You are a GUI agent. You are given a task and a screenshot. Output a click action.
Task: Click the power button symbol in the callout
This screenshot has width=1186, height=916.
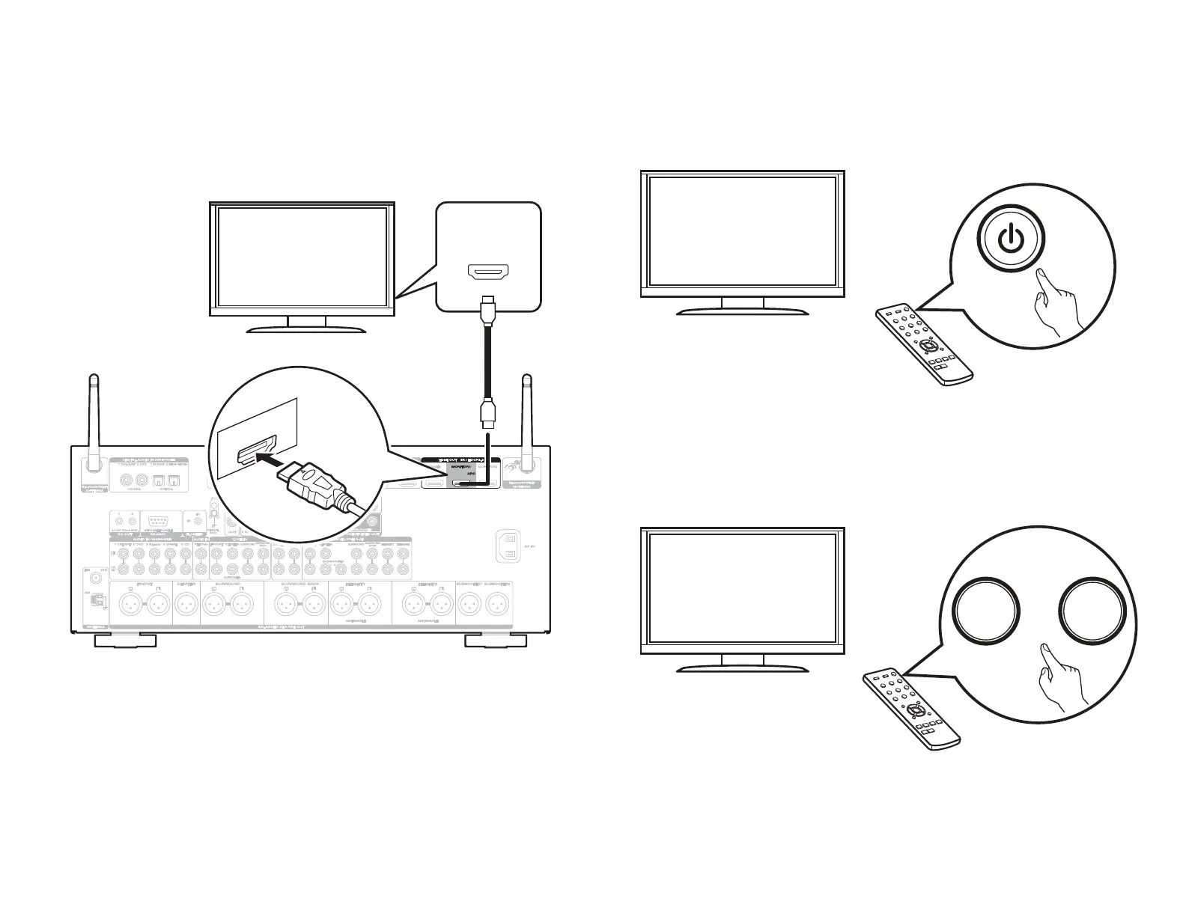point(1010,239)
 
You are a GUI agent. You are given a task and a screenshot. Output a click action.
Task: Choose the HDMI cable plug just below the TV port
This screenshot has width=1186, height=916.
point(487,310)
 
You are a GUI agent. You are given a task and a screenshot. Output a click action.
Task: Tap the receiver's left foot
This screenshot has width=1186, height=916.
point(125,641)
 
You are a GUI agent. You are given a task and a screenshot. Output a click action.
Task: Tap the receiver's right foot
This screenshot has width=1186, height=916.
point(496,641)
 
